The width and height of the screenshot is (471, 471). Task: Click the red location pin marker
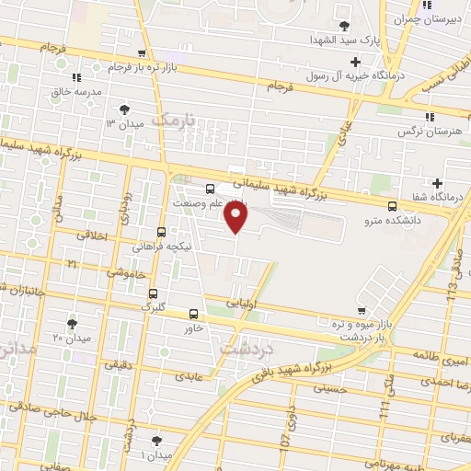coord(237,218)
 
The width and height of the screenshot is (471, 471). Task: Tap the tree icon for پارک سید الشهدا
coord(345,25)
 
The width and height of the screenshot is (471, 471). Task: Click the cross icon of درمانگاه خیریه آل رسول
coord(356,62)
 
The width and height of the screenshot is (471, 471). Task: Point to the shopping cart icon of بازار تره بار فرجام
coord(141,53)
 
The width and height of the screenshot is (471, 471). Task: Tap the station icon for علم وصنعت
coord(211,189)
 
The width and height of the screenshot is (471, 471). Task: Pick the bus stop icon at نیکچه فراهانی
coord(162,232)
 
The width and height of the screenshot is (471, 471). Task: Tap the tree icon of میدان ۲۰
coord(73,323)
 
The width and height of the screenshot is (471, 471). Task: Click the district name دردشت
coord(245,348)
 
